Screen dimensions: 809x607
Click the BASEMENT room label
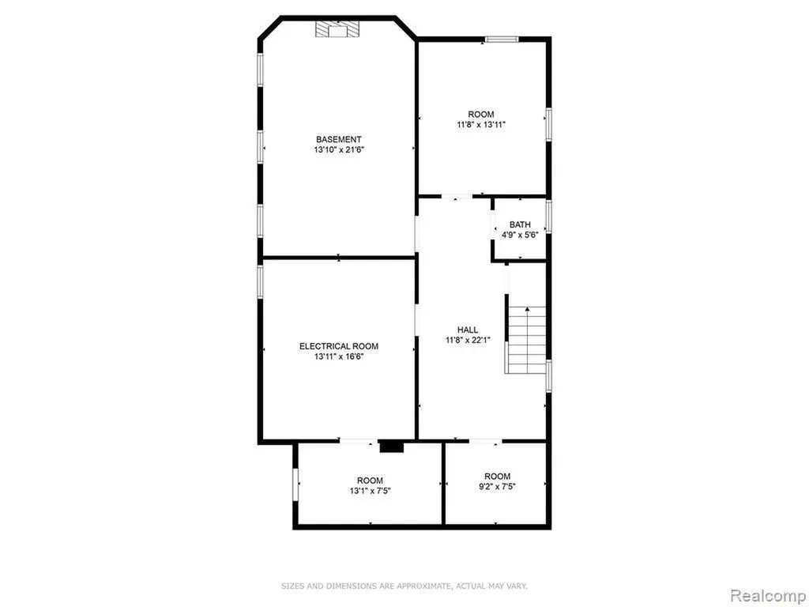(x=338, y=139)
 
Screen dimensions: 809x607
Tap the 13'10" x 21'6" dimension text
(x=338, y=150)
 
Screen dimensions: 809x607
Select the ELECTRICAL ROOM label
(x=339, y=346)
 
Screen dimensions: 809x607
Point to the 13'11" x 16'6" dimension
(x=339, y=356)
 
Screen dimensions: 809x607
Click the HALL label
(x=468, y=330)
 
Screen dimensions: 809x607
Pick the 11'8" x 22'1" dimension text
(x=468, y=340)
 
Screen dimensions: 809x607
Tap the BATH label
(x=520, y=224)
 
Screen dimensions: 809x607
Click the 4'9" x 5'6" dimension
(x=520, y=235)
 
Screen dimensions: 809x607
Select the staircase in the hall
(x=525, y=340)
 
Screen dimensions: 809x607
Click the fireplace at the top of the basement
(x=337, y=29)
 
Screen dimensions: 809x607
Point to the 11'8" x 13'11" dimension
(x=481, y=124)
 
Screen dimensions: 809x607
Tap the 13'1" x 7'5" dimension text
(x=370, y=491)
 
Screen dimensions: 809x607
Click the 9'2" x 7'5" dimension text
(x=498, y=486)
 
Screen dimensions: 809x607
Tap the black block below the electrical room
(x=392, y=447)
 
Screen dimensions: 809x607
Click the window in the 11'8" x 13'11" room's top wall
(x=502, y=40)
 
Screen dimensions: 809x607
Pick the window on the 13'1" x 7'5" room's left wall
(x=295, y=484)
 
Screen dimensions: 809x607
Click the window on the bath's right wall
(x=549, y=216)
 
